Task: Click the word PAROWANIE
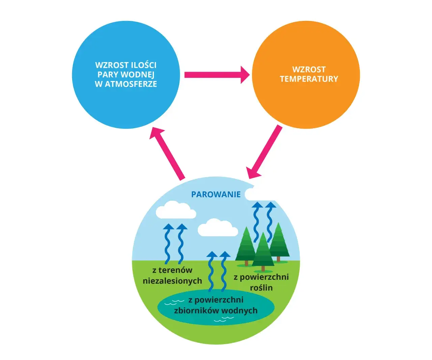(216, 194)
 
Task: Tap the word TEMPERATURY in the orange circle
(309, 79)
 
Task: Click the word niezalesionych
(172, 281)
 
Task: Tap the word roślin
(261, 288)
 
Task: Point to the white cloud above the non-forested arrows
(175, 210)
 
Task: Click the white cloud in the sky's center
(217, 228)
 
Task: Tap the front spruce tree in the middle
(263, 251)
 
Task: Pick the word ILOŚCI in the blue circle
(143, 65)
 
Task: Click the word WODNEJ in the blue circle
(137, 75)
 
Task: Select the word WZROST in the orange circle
(309, 70)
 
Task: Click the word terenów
(175, 270)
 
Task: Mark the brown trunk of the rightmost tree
(278, 259)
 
